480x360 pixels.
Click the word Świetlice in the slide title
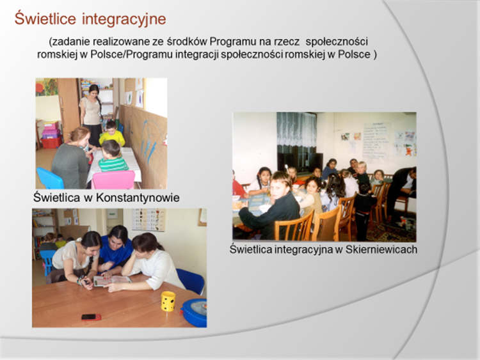pyautogui.click(x=45, y=19)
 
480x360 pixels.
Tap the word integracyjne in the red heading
pyautogui.click(x=124, y=19)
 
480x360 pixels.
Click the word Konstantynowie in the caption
pyautogui.click(x=138, y=198)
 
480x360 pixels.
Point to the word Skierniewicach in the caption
pyautogui.click(x=381, y=249)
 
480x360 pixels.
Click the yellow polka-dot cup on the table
pyautogui.click(x=168, y=301)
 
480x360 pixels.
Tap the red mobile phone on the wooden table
pyautogui.click(x=92, y=317)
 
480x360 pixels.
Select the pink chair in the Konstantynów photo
pyautogui.click(x=113, y=180)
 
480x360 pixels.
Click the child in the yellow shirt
pyautogui.click(x=112, y=134)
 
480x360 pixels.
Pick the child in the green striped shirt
pyautogui.click(x=112, y=156)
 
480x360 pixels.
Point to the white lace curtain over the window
pyautogui.click(x=296, y=129)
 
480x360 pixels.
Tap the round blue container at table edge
pyautogui.click(x=194, y=313)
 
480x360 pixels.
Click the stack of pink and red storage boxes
pyautogui.click(x=51, y=135)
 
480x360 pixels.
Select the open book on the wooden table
pyautogui.click(x=112, y=281)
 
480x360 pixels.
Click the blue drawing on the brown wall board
pyautogui.click(x=148, y=141)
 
